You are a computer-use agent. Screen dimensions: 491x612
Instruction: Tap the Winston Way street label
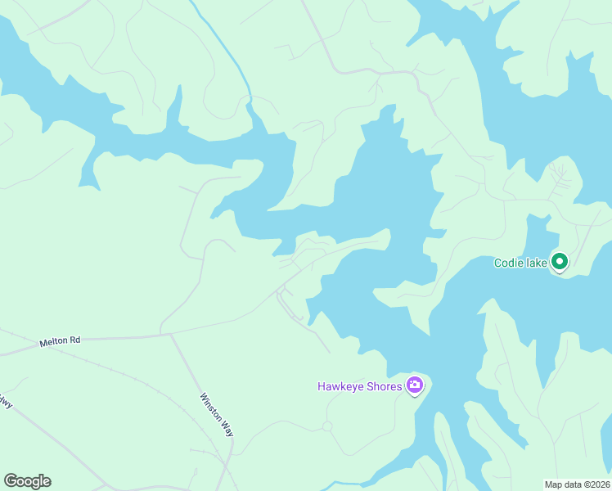217,414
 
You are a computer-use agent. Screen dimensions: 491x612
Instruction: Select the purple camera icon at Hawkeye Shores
415,385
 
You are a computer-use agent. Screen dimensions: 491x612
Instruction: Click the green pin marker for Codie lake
560,262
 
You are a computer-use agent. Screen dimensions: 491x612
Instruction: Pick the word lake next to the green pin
537,263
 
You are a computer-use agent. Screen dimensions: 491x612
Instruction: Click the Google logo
27,481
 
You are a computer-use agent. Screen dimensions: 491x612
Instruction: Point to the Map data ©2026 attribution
577,484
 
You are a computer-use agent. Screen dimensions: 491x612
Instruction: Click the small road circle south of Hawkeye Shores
326,426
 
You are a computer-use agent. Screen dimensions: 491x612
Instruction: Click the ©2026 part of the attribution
594,484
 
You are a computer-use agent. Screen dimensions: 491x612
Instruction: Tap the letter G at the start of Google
11,481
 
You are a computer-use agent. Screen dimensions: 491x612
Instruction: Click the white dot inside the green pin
560,262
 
